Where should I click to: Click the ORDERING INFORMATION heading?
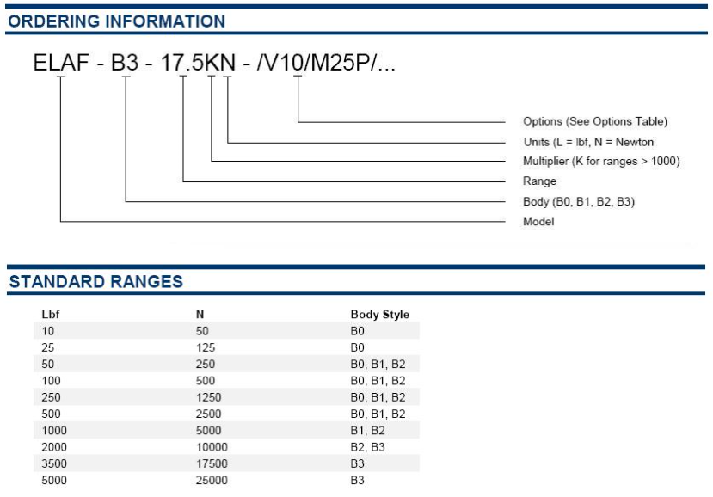[117, 21]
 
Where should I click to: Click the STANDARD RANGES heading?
[96, 281]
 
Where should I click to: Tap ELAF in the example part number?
[61, 62]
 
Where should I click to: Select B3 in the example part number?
[125, 62]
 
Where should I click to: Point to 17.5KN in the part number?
[199, 62]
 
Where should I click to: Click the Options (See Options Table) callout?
[595, 121]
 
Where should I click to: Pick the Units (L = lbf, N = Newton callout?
[588, 142]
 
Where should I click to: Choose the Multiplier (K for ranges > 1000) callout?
[601, 161]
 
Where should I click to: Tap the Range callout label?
[540, 181]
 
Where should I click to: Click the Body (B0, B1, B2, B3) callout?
[579, 201]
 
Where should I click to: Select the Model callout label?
[539, 222]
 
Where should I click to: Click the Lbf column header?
[51, 314]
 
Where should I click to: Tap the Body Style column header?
[379, 314]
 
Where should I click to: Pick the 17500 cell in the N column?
[212, 463]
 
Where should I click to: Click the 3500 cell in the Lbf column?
[54, 463]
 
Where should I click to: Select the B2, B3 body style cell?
[368, 447]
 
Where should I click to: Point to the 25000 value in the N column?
[212, 480]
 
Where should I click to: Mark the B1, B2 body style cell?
[368, 430]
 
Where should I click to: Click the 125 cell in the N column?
[206, 347]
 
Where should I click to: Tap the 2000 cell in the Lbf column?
[54, 447]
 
